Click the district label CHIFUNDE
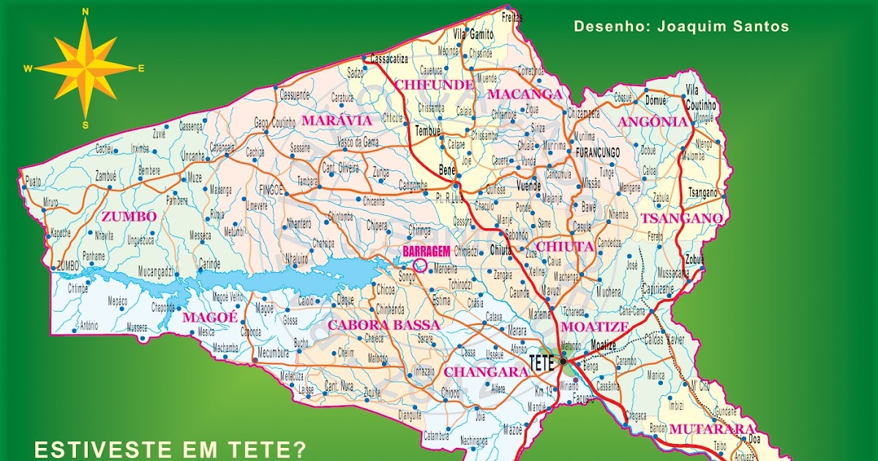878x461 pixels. (434, 84)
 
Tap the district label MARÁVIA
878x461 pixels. (337, 119)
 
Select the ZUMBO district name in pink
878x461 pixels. (129, 216)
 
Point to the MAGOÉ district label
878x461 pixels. (210, 317)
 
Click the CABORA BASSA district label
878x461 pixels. (384, 324)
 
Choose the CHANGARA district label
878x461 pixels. (486, 372)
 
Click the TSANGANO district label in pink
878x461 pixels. (681, 218)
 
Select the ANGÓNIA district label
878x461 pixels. (653, 122)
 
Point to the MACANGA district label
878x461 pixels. (524, 94)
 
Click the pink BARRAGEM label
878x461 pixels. (426, 251)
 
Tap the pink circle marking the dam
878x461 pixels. (420, 264)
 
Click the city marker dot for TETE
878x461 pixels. (563, 361)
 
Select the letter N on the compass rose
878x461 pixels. (86, 12)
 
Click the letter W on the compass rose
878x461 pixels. (28, 69)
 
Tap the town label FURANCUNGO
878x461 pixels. (598, 152)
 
